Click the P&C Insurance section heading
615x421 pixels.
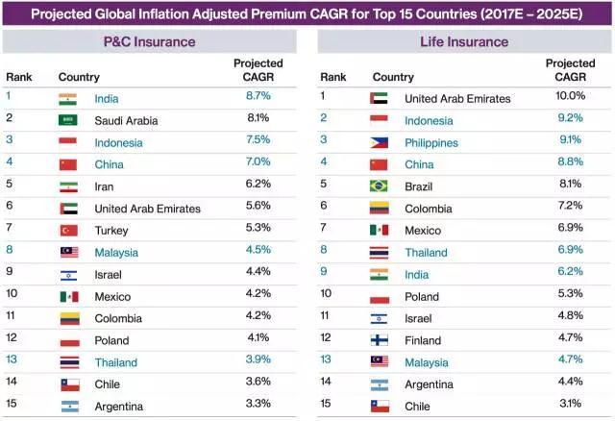coord(149,41)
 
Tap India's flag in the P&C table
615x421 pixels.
coord(67,98)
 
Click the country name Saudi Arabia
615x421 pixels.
coord(126,120)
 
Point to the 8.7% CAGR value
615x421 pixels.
coord(258,98)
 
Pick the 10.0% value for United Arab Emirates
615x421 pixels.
coord(570,97)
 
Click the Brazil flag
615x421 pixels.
coord(379,186)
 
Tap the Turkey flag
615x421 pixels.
coord(68,231)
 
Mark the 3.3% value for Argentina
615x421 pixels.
coord(258,407)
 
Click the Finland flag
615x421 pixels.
coord(379,339)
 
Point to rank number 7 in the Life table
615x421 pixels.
coord(324,230)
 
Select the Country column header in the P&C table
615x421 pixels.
coord(79,77)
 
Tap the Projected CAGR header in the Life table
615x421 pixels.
coord(570,70)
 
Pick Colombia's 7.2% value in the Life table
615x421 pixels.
coord(570,208)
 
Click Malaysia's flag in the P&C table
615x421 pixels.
coord(68,253)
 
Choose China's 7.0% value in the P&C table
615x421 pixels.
coord(258,164)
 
